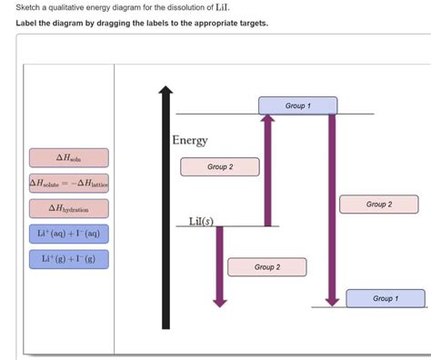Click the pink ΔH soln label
click(x=69, y=157)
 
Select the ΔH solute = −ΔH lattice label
click(x=69, y=184)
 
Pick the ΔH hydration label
click(x=69, y=209)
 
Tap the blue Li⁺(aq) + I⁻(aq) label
click(x=69, y=235)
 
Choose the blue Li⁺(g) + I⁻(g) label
click(x=69, y=259)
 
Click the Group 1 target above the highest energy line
click(x=297, y=105)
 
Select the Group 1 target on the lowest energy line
click(x=385, y=298)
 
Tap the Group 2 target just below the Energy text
click(x=219, y=166)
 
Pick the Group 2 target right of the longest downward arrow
click(x=379, y=205)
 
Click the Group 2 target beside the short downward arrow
click(x=266, y=267)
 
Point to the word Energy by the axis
click(x=190, y=141)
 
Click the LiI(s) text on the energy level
click(x=200, y=221)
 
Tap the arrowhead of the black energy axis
click(x=165, y=92)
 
